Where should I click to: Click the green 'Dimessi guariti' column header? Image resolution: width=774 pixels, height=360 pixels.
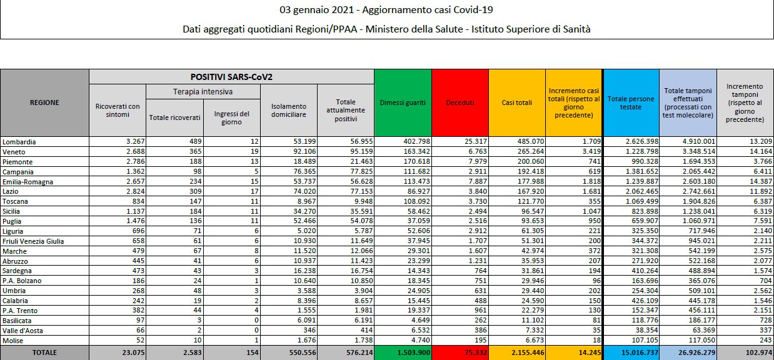pyautogui.click(x=403, y=102)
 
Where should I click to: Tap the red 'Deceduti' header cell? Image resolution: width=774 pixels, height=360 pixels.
pyautogui.click(x=460, y=102)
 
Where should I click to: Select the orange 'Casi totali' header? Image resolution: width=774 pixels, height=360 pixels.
pyautogui.click(x=517, y=102)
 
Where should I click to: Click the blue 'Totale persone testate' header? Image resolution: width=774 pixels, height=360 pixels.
pyautogui.click(x=631, y=102)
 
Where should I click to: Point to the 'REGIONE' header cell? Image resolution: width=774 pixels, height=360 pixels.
pyautogui.click(x=44, y=102)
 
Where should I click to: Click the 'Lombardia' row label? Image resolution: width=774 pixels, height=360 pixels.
pyautogui.click(x=19, y=142)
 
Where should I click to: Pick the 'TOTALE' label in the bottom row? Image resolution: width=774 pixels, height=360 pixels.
pyautogui.click(x=44, y=352)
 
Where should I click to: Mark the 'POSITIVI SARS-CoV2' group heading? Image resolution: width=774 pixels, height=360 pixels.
pyautogui.click(x=231, y=77)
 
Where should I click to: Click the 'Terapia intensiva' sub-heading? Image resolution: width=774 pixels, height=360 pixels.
pyautogui.click(x=203, y=92)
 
